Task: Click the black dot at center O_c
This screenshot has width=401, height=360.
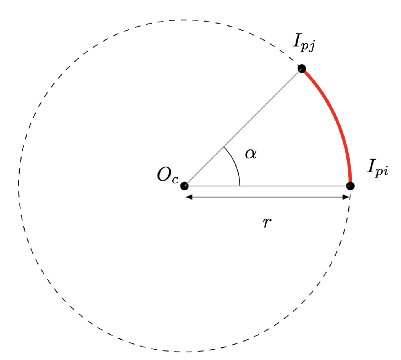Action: [x=184, y=186]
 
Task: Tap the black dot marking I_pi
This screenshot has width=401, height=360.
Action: [x=350, y=186]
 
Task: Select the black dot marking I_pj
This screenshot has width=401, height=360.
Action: [x=302, y=68]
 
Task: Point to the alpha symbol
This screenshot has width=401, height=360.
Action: [x=251, y=154]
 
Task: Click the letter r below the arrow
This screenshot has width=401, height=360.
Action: [x=267, y=223]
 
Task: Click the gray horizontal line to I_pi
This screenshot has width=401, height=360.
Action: [x=294, y=186]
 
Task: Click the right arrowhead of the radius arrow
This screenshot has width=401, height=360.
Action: [x=346, y=197]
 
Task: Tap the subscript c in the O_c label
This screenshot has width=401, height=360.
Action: [x=175, y=180]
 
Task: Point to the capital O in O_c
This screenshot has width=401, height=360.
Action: [x=164, y=175]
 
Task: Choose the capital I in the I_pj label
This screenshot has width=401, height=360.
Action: [x=297, y=41]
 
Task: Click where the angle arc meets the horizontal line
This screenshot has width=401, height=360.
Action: [x=240, y=186]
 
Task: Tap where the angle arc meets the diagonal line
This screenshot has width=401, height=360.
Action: [x=223, y=147]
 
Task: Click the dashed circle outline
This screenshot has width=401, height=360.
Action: [x=19, y=186]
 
